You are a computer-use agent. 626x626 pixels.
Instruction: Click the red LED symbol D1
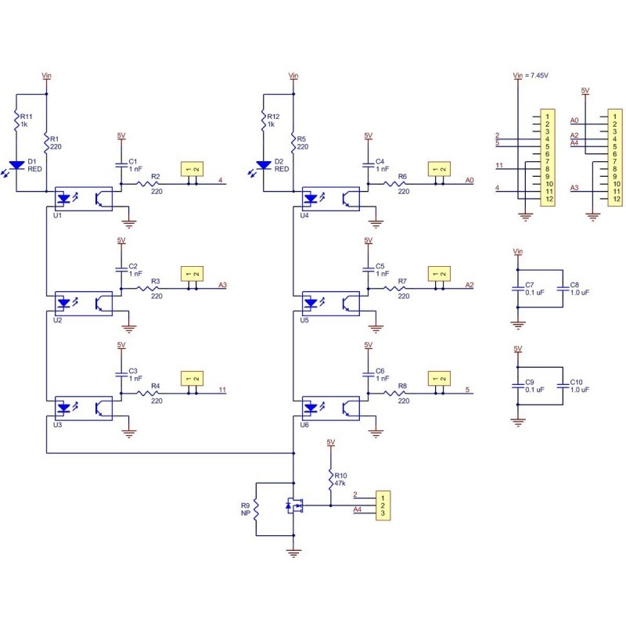[x=16, y=167]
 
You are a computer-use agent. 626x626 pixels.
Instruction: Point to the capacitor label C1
[x=132, y=161]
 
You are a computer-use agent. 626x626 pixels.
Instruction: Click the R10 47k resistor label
[x=340, y=479]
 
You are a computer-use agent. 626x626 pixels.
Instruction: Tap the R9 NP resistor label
[x=246, y=509]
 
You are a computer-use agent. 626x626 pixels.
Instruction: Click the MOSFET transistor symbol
[x=295, y=506]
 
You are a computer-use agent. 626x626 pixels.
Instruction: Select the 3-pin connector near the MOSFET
[x=382, y=505]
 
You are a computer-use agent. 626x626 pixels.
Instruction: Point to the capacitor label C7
[x=530, y=285]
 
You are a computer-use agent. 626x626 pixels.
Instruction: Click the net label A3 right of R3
[x=223, y=285]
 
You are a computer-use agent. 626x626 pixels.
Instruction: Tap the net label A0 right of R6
[x=469, y=180]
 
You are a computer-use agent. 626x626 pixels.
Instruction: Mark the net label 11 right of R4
[x=223, y=390]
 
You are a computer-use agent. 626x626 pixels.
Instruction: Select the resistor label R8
[x=402, y=386]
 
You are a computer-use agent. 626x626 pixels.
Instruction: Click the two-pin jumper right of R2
[x=192, y=169]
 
